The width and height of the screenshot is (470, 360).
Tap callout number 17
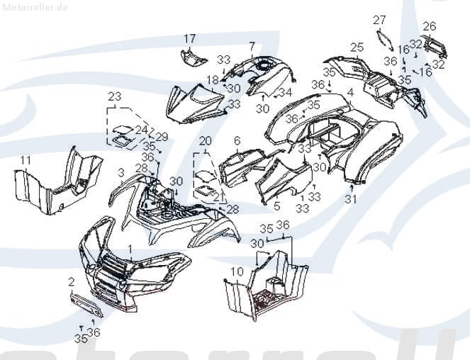pyautogui.click(x=190, y=38)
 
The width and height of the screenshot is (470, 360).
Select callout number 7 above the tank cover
pyautogui.click(x=252, y=46)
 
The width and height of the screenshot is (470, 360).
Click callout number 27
pyautogui.click(x=379, y=20)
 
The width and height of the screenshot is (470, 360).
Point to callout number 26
pyautogui.click(x=429, y=27)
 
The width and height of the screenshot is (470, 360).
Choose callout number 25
pyautogui.click(x=357, y=47)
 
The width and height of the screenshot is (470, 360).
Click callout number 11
pyautogui.click(x=25, y=161)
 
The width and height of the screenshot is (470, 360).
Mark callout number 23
pyautogui.click(x=115, y=96)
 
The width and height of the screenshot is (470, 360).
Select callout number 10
pyautogui.click(x=237, y=271)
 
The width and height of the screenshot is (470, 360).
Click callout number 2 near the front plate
pyautogui.click(x=71, y=281)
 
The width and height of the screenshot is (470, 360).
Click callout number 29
pyautogui.click(x=162, y=136)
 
